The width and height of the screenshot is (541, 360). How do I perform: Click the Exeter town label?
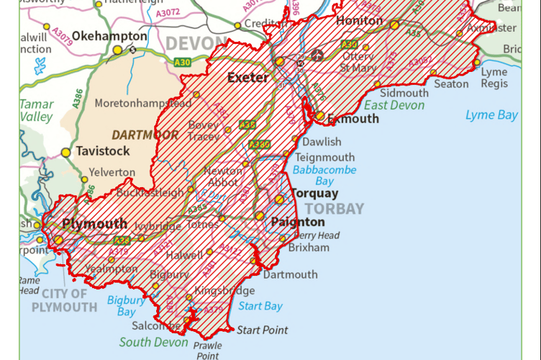click(248, 77)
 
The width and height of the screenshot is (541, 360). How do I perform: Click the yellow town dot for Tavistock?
click(66, 153)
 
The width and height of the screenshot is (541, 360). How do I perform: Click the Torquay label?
click(314, 194)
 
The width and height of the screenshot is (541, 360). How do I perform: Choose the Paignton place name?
click(297, 222)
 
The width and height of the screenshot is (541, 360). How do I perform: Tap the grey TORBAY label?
click(334, 209)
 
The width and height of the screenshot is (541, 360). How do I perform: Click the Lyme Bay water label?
click(491, 115)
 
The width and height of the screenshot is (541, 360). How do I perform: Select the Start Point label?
click(263, 330)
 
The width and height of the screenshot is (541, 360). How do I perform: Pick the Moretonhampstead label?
click(143, 103)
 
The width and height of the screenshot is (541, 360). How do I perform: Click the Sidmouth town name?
click(404, 93)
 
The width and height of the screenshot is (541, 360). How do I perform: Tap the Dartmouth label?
click(290, 274)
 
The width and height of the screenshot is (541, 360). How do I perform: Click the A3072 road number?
click(168, 14)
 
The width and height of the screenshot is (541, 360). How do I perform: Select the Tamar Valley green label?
click(36, 110)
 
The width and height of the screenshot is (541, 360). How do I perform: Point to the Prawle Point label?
click(207, 350)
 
